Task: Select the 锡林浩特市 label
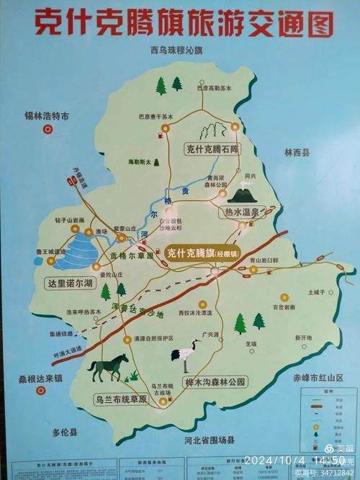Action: tap(45, 116)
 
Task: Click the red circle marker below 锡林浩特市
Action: tap(48, 130)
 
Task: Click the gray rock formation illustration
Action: tap(212, 131)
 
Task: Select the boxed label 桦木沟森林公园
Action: tap(215, 381)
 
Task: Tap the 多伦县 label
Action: tap(66, 433)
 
